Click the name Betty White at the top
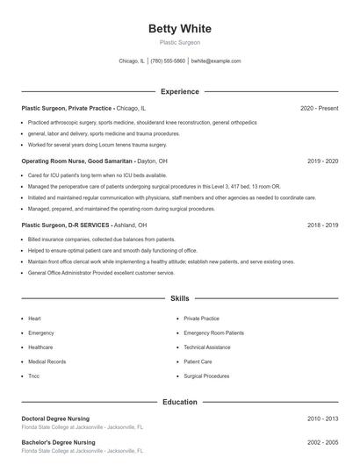[179, 29]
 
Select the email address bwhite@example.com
[215, 61]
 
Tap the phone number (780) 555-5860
[168, 61]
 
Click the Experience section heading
[179, 91]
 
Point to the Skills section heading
[179, 299]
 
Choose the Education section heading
[179, 402]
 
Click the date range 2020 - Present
[319, 108]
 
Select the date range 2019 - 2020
[322, 161]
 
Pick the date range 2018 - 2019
[322, 225]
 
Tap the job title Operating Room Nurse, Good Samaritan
[76, 161]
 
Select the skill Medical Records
[47, 361]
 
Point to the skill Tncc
[33, 376]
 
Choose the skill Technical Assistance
[207, 347]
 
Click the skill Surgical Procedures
[207, 376]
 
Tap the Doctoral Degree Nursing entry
[58, 418]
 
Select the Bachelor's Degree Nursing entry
[58, 442]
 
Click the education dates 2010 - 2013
[322, 418]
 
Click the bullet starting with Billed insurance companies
[89, 240]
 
